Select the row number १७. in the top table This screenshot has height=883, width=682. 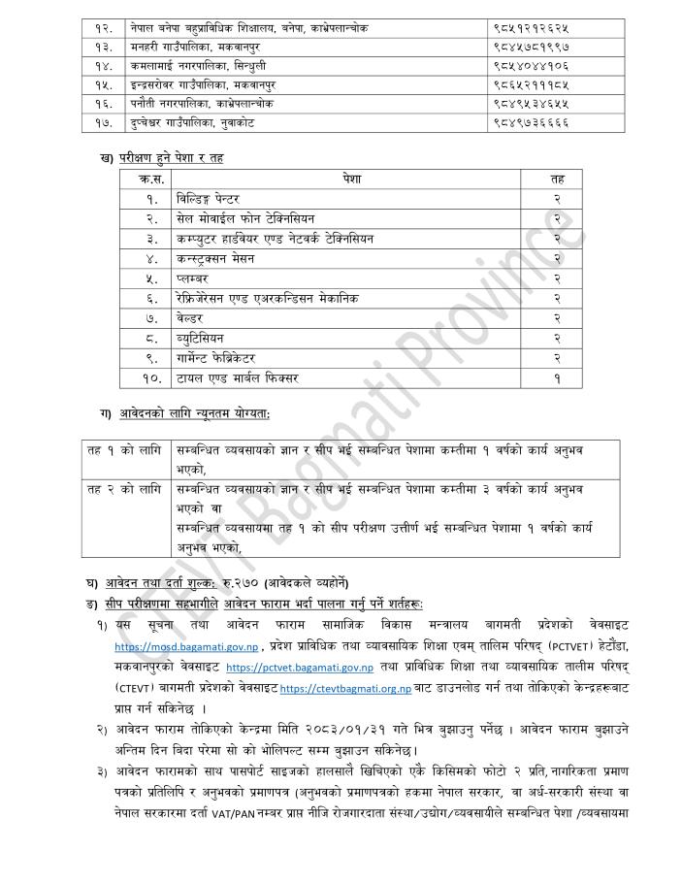click(106, 124)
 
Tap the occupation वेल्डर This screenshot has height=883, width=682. click(189, 317)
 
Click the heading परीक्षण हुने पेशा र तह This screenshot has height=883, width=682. click(169, 158)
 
